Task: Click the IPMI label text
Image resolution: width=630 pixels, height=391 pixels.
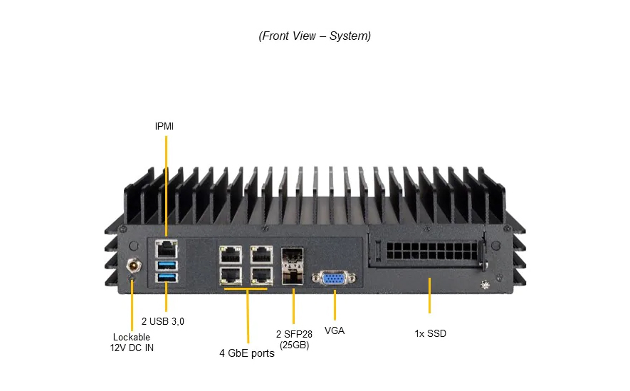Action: tap(164, 126)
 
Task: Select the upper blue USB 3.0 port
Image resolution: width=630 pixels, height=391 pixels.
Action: tap(166, 266)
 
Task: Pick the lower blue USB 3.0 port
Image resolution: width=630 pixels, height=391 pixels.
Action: tap(166, 277)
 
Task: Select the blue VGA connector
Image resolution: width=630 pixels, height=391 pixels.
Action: tap(334, 279)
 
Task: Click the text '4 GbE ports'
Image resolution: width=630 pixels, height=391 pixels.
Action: tap(247, 353)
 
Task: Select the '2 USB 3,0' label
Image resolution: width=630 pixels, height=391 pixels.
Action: tap(162, 321)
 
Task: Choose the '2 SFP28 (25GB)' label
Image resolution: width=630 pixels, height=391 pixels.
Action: tap(293, 339)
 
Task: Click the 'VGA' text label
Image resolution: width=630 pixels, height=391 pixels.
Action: tap(335, 330)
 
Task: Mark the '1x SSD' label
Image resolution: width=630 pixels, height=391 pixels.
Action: tap(430, 333)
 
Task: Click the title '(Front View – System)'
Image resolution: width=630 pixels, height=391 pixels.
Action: tap(315, 36)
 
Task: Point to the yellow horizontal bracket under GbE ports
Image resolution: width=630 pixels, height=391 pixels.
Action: tap(247, 288)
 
